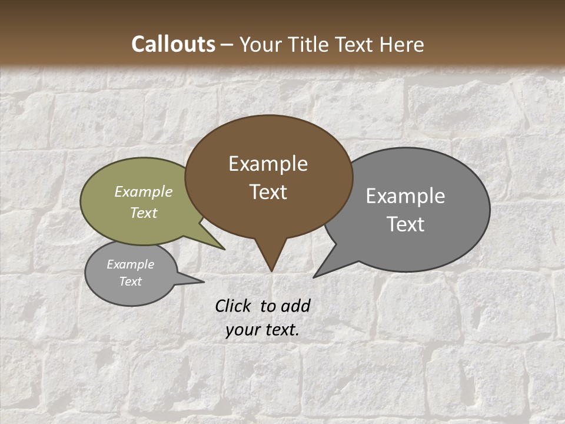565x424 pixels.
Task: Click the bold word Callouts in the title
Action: point(173,44)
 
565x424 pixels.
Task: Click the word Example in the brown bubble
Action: point(268,164)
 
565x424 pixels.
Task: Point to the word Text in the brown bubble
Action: point(268,192)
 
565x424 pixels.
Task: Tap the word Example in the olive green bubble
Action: point(144,191)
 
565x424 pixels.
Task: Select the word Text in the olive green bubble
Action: point(144,213)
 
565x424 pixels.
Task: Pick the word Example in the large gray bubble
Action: point(406,196)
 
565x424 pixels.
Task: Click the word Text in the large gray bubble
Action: point(406,224)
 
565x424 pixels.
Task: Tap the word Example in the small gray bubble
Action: point(131,264)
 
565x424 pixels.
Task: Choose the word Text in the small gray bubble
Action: point(131,281)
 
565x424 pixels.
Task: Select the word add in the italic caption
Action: point(295,306)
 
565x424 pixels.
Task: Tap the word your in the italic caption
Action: point(241,330)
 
